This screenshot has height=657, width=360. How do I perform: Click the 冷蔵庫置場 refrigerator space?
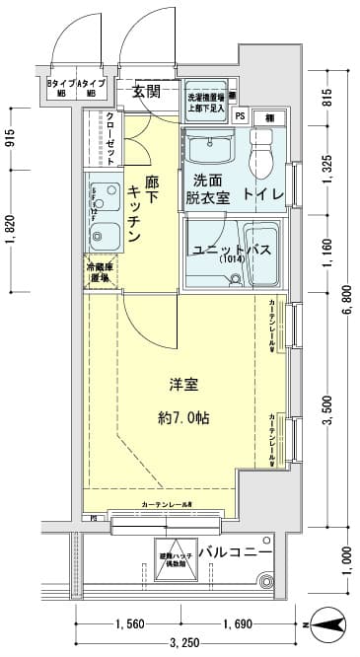coord(101,272)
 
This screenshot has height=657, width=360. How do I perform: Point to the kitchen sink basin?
coord(99,234)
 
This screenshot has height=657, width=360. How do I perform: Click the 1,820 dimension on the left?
coord(11,229)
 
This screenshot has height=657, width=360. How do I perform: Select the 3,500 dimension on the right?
coord(327,420)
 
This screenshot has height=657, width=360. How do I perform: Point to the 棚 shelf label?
coord(269,117)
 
